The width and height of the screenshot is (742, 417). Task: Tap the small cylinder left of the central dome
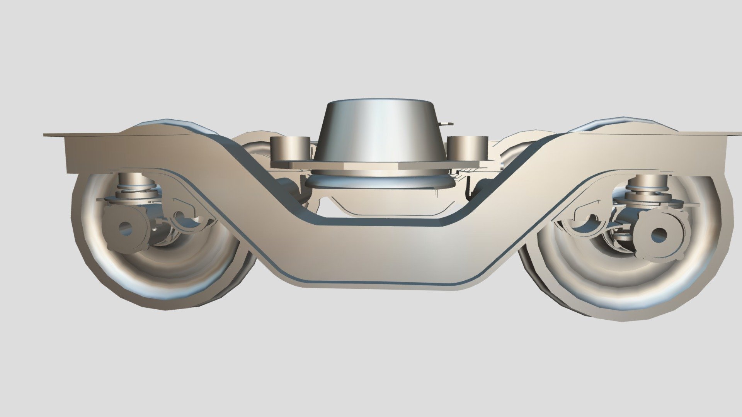290,148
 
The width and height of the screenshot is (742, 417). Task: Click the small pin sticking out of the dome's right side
447,123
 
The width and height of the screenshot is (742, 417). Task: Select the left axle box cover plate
126,228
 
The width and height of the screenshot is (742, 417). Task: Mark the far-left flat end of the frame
54,135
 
